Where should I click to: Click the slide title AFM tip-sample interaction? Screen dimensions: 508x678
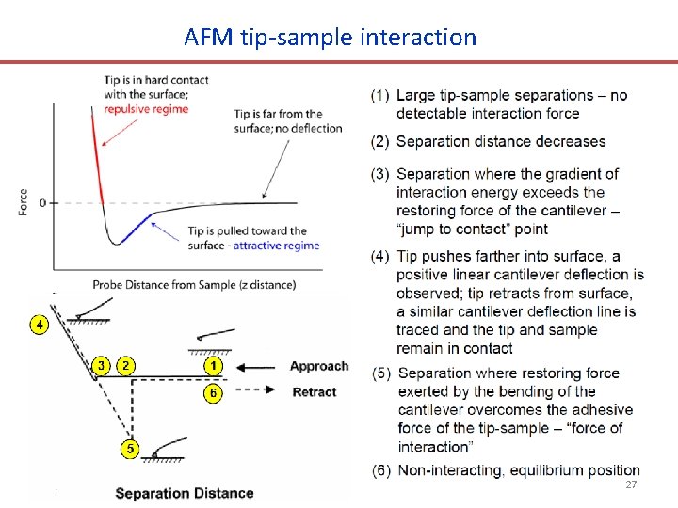point(331,38)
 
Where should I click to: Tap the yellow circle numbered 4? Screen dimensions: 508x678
point(39,325)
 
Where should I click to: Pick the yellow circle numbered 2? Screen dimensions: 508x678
point(126,365)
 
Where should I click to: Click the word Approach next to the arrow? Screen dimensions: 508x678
point(319,366)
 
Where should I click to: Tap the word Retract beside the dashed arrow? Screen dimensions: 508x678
point(315,392)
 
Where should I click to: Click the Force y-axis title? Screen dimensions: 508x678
point(23,202)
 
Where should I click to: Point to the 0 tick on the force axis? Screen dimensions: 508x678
point(42,202)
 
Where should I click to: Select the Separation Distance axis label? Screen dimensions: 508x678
point(185,493)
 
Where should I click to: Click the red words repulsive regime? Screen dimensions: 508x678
point(146,109)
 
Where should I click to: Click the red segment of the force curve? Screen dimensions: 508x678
point(94,160)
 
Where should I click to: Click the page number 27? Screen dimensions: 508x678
point(631,484)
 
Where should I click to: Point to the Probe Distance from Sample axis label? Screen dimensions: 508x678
point(194,285)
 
